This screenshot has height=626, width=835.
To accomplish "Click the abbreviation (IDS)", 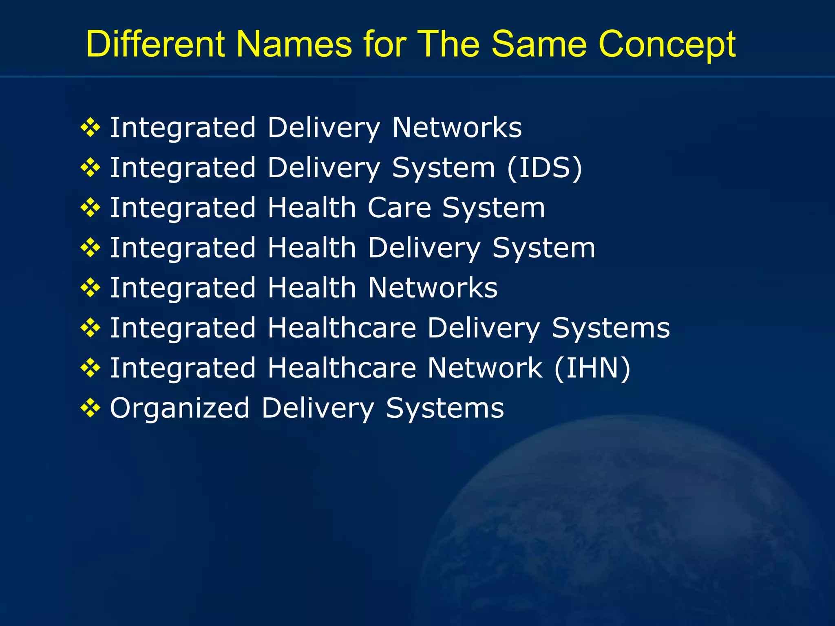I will [545, 168].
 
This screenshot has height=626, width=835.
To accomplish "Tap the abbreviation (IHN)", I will [592, 368].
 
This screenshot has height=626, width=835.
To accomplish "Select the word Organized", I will [180, 408].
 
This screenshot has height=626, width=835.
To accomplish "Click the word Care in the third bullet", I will [399, 208].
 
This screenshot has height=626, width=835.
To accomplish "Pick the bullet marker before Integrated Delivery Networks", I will [91, 128].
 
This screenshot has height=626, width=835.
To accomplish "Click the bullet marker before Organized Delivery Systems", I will [91, 408].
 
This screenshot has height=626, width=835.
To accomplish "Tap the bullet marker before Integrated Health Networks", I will [91, 288].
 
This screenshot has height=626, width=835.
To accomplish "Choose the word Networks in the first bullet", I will [457, 128].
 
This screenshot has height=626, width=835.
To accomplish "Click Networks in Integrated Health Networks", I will [433, 288].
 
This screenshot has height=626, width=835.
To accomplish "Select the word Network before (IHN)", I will [485, 368].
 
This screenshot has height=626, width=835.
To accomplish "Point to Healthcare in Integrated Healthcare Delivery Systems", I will [342, 328].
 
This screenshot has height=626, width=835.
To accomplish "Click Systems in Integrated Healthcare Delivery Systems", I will [611, 328].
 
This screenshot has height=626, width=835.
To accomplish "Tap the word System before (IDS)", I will [444, 168].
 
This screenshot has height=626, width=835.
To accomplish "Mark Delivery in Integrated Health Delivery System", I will [424, 248].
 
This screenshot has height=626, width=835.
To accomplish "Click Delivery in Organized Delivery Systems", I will [318, 408].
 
